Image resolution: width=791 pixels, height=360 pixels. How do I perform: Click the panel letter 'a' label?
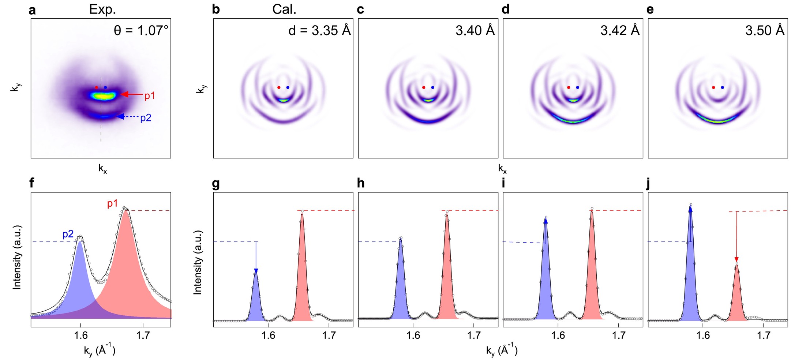(32, 10)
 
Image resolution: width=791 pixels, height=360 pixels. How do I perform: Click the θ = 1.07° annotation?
(141, 30)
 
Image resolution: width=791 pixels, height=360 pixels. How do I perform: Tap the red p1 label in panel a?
(150, 96)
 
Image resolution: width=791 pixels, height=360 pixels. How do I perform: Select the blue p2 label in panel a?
(146, 118)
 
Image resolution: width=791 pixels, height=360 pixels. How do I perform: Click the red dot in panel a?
(96, 87)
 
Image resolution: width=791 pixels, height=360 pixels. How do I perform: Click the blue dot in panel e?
(722, 87)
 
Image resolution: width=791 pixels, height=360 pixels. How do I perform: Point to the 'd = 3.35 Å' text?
(319, 30)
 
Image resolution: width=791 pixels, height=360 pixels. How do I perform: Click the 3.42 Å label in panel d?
(620, 30)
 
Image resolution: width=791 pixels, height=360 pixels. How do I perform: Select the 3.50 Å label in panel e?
(765, 30)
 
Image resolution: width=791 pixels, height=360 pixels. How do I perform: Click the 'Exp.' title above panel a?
(102, 10)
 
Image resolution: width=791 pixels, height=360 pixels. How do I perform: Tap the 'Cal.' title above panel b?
(284, 10)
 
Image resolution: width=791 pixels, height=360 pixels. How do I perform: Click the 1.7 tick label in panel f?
(143, 335)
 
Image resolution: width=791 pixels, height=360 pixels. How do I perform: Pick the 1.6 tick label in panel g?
(268, 335)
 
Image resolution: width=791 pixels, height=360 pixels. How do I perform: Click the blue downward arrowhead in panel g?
(256, 271)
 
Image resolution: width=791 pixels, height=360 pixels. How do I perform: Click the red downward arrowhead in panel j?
(736, 260)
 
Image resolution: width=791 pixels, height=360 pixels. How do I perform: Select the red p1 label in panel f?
(112, 203)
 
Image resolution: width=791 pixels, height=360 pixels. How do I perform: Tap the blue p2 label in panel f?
(68, 234)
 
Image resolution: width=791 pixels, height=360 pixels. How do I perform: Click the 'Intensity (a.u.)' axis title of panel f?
(17, 257)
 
